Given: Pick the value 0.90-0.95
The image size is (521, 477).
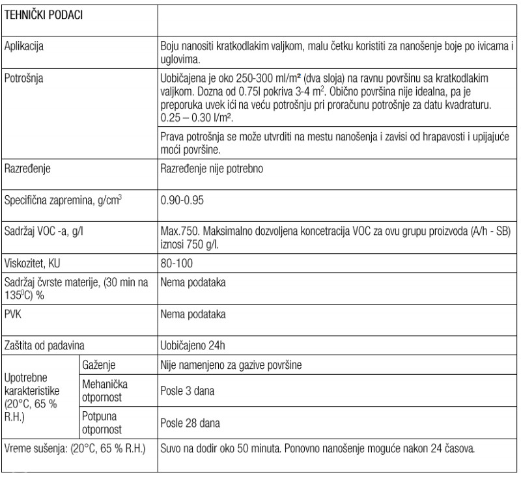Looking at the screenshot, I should [182, 199].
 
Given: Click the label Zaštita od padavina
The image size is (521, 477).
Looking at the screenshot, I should [45, 344].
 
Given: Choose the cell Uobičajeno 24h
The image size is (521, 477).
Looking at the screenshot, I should [193, 344].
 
